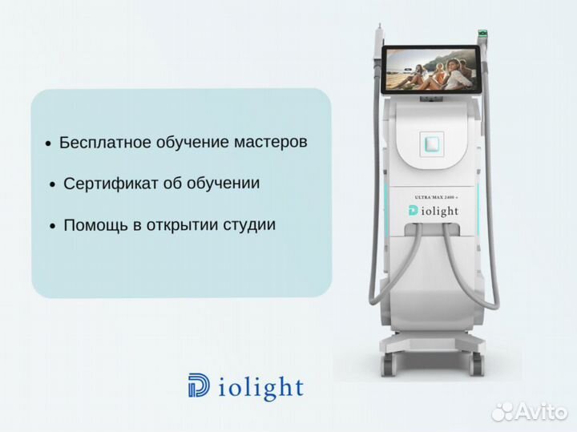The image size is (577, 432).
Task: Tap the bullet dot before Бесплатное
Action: pos(49,144)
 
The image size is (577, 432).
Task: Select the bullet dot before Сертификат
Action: pos(54,185)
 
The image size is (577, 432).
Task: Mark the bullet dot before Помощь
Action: pos(54,227)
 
